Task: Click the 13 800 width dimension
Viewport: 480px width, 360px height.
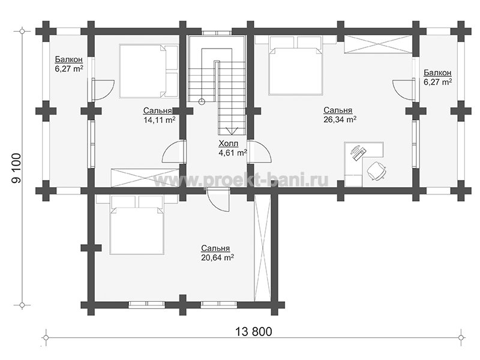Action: click(253, 332)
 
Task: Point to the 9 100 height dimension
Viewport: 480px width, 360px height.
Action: click(16, 168)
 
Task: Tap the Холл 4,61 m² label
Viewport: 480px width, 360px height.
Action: click(233, 148)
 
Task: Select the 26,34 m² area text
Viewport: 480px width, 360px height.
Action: click(340, 119)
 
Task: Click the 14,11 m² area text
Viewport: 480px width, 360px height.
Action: click(160, 119)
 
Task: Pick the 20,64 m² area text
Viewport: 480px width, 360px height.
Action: click(218, 257)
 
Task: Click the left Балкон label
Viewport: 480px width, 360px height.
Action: click(69, 59)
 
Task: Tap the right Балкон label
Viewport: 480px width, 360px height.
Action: click(437, 73)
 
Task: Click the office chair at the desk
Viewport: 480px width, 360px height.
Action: click(376, 170)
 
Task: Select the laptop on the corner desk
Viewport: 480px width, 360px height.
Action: click(357, 152)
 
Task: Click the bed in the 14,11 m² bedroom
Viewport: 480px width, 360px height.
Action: click(149, 71)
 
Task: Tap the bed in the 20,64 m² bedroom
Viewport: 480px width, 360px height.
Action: click(137, 225)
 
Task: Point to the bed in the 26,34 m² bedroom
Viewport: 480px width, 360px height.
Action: click(296, 65)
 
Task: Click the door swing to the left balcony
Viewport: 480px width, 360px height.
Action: click(104, 90)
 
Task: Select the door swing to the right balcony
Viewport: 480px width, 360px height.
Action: click(403, 89)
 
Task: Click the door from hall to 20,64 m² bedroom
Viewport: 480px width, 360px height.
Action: click(218, 200)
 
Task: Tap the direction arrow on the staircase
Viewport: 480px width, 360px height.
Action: click(232, 131)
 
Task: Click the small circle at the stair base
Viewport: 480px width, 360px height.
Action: click(201, 102)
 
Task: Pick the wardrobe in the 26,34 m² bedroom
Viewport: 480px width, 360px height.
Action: click(377, 44)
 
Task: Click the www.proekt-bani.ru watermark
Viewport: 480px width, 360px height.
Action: click(241, 179)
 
